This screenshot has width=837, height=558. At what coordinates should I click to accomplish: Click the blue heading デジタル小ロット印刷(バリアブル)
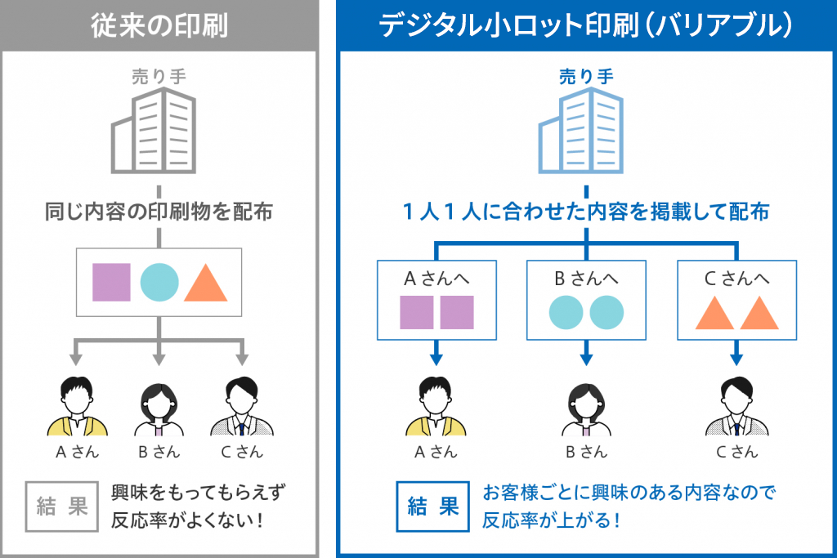585,25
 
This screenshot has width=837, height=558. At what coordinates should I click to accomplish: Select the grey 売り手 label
159,77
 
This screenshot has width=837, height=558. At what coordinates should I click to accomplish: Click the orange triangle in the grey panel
205,283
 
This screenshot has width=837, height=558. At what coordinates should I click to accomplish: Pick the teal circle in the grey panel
159,282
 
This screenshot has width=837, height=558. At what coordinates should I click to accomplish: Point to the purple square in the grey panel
111,282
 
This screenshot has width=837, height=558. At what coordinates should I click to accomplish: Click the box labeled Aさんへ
436,299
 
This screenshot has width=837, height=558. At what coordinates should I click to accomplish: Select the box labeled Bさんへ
586,299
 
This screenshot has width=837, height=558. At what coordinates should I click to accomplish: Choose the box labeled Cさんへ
736,299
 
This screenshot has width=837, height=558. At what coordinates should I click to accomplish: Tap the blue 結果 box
432,507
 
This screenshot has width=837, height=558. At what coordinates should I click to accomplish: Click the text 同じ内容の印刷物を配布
159,212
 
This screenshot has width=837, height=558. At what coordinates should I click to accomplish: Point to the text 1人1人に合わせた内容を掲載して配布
585,212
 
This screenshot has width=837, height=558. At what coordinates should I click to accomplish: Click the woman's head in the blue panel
586,395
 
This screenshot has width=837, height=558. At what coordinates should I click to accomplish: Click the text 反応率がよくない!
187,520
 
